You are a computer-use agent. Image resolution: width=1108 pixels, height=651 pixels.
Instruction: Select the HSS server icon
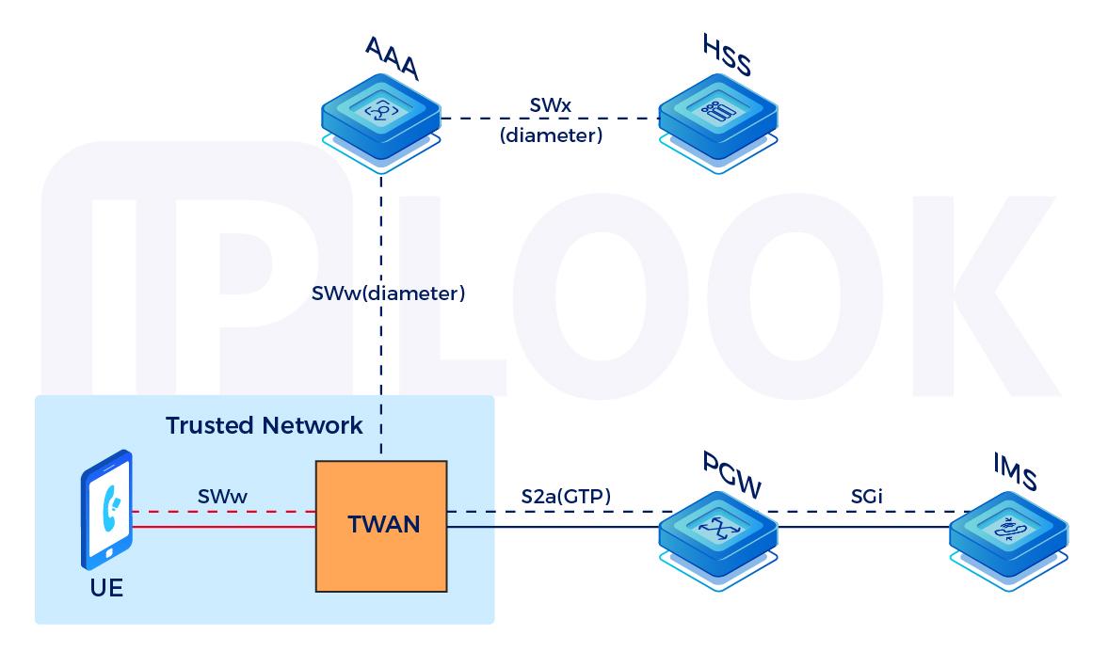[717, 116]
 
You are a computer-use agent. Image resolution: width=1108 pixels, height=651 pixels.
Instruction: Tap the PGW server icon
[718, 532]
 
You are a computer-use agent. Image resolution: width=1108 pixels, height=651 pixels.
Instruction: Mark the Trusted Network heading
[264, 425]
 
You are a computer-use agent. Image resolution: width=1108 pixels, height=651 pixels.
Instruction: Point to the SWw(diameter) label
[389, 294]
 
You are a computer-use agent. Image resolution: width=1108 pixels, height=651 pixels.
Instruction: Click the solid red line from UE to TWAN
[224, 528]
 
